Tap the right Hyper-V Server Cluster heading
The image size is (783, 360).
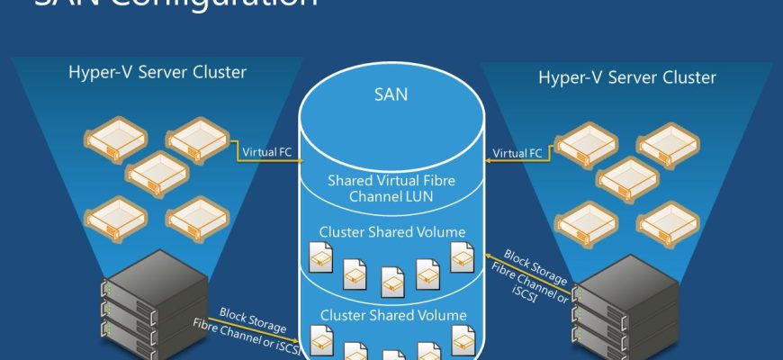pyautogui.click(x=626, y=77)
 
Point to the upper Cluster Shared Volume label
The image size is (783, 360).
pyautogui.click(x=392, y=232)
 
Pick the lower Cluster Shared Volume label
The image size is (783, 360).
pyautogui.click(x=392, y=315)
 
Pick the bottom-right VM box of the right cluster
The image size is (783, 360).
pyautogui.click(x=670, y=220)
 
